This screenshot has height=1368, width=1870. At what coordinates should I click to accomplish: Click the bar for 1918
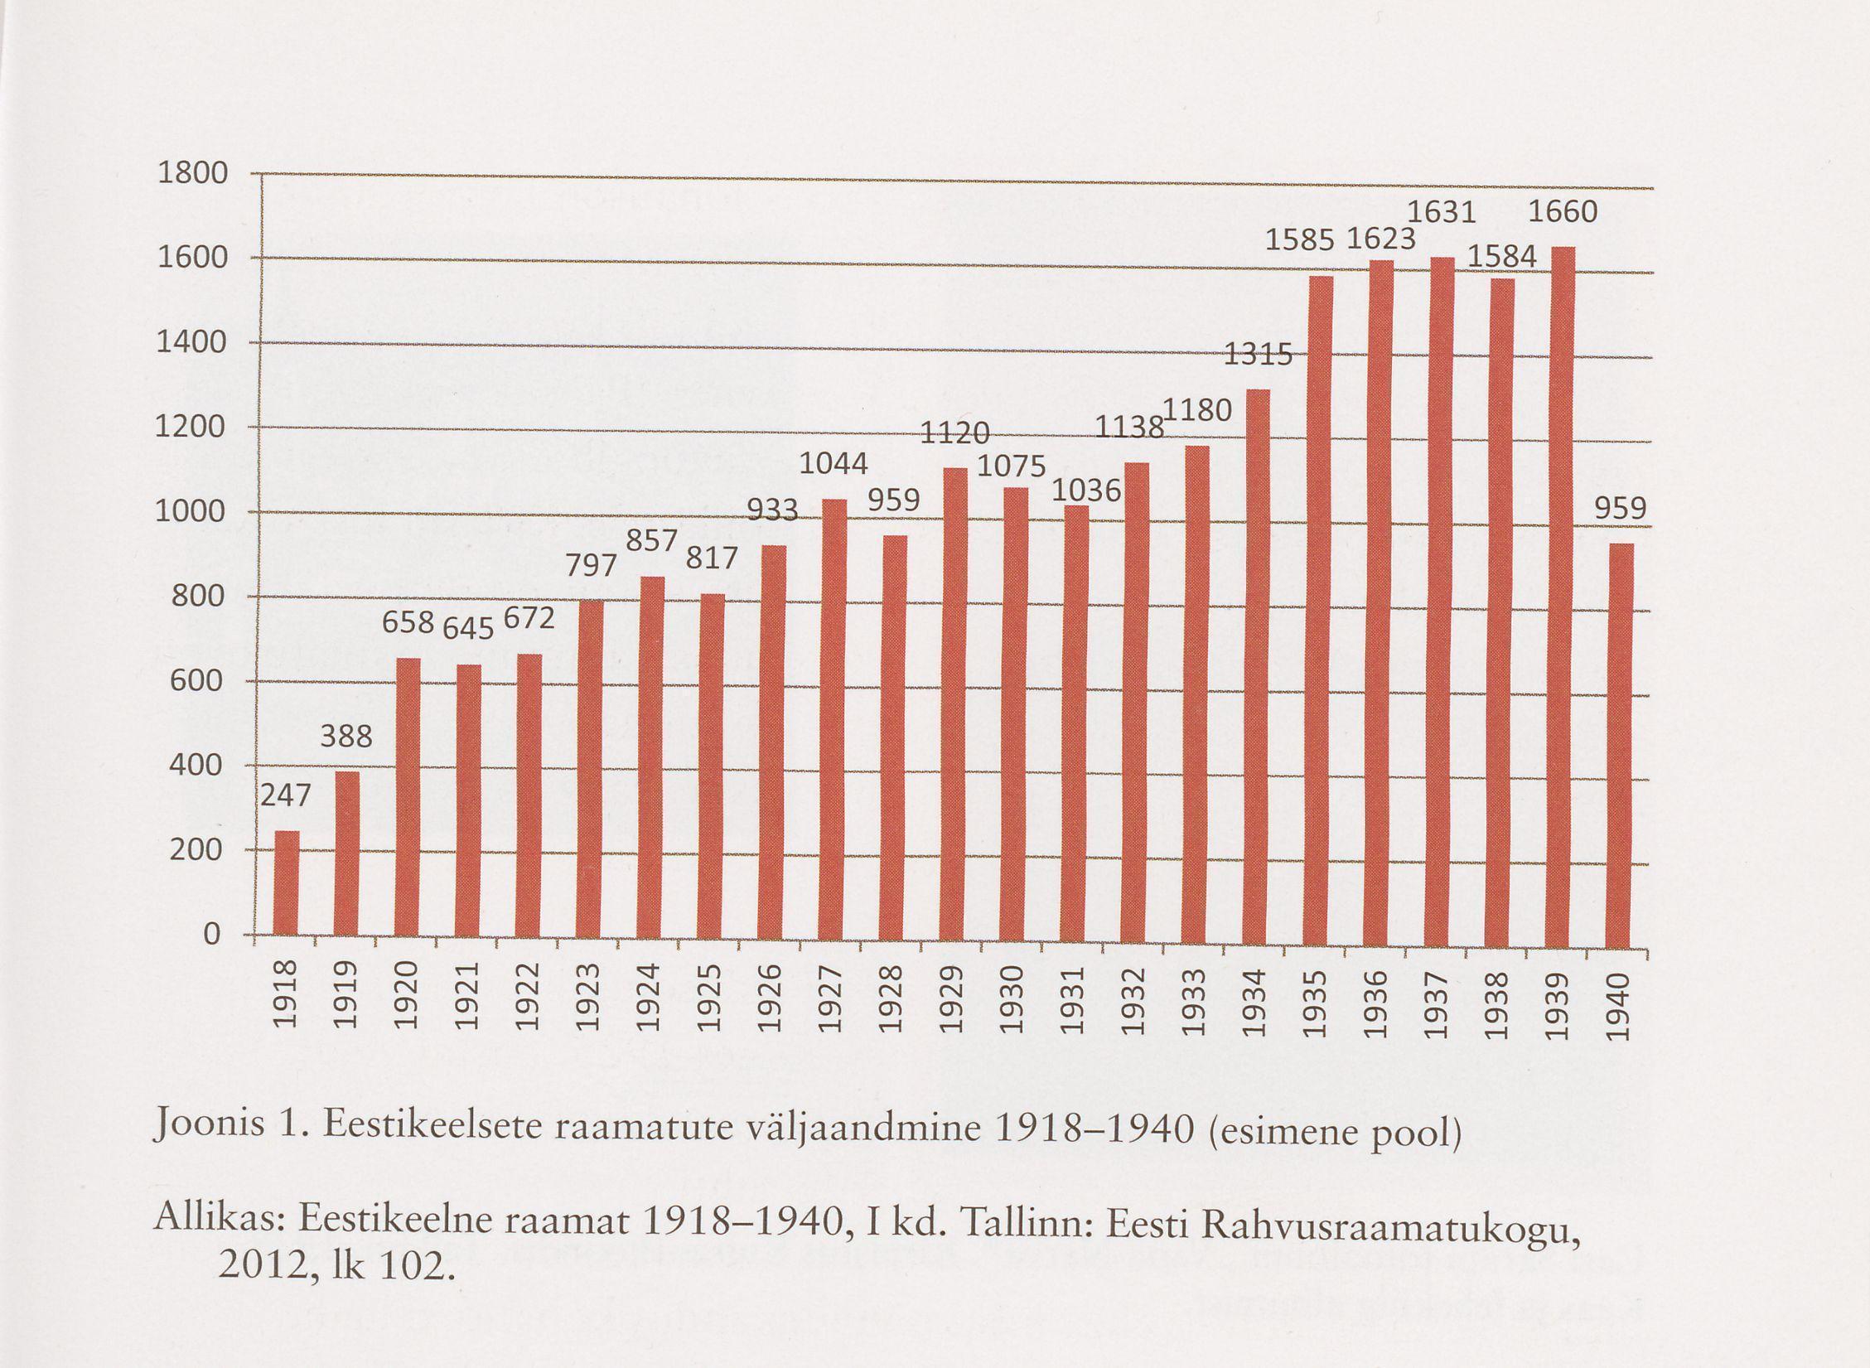tap(287, 882)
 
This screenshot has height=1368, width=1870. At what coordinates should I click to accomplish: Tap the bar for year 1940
tap(1620, 746)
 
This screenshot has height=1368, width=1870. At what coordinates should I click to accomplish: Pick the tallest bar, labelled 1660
tap(1562, 597)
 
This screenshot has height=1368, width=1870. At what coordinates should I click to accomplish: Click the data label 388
tap(346, 736)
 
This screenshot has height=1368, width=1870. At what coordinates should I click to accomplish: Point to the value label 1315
tap(1258, 355)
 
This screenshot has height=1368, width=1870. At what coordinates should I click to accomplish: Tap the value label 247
tap(286, 796)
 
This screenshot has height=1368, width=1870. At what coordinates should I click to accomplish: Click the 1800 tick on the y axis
tap(191, 174)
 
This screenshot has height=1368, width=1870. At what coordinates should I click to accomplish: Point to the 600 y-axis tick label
tap(196, 681)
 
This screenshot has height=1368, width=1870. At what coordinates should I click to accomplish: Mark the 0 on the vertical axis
tap(212, 935)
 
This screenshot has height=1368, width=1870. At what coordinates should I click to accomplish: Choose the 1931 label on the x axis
tap(1073, 1001)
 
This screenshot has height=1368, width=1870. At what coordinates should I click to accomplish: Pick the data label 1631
tap(1442, 213)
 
